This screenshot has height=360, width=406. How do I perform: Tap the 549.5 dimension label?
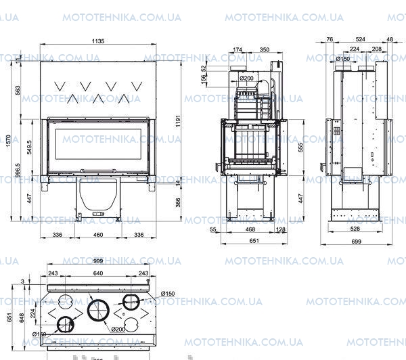28,147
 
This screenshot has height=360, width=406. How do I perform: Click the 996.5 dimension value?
18,169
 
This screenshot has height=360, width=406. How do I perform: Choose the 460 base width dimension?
98,235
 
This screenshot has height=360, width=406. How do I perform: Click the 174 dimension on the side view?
238,50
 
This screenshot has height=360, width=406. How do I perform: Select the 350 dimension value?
265,50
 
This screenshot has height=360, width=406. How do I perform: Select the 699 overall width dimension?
357,242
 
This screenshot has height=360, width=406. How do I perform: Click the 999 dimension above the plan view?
98,262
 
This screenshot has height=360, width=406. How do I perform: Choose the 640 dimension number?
99,273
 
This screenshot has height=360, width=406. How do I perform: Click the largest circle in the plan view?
99,311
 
